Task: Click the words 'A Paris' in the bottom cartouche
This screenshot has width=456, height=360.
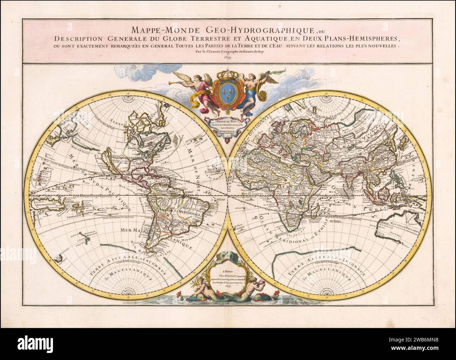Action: [x=228, y=270]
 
